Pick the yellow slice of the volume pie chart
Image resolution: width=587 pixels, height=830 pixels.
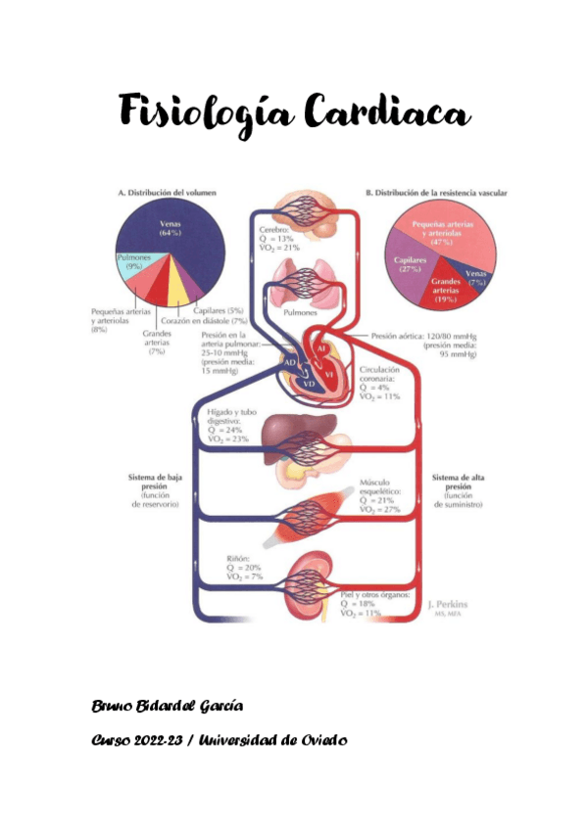(180, 290)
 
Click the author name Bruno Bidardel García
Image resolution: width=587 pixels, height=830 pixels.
(168, 707)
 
